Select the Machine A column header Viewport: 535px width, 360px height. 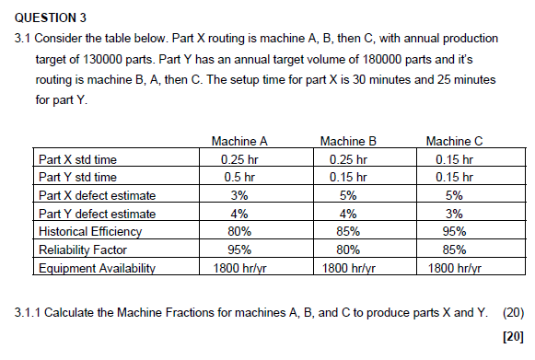tap(239, 142)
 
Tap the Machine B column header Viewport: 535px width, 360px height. tap(347, 142)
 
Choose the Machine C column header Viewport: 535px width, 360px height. tap(454, 142)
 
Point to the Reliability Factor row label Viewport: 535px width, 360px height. tap(81, 250)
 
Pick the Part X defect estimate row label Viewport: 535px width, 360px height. tap(97, 196)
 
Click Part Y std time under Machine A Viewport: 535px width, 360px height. tap(239, 178)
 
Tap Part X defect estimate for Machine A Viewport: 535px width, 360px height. tap(239, 196)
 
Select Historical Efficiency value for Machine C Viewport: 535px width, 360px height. tap(454, 232)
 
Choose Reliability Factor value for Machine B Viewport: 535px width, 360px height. tap(347, 250)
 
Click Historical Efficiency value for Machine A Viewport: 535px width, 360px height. tap(239, 232)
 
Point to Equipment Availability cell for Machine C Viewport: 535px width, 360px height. tap(454, 269)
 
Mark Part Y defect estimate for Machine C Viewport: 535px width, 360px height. tap(454, 215)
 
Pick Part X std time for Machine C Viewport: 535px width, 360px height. tap(454, 159)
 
